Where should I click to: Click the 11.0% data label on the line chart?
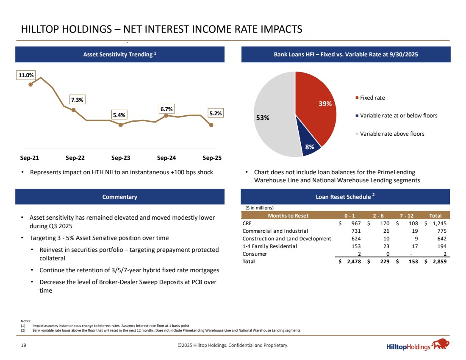click(25, 75)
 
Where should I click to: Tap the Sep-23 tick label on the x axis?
click(121, 158)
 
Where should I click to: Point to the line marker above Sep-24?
click(166, 115)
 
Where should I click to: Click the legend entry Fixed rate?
click(372, 98)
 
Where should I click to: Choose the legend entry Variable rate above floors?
click(391, 134)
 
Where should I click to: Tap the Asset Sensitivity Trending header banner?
click(120, 54)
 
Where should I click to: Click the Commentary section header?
click(120, 197)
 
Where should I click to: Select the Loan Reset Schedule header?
click(345, 197)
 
